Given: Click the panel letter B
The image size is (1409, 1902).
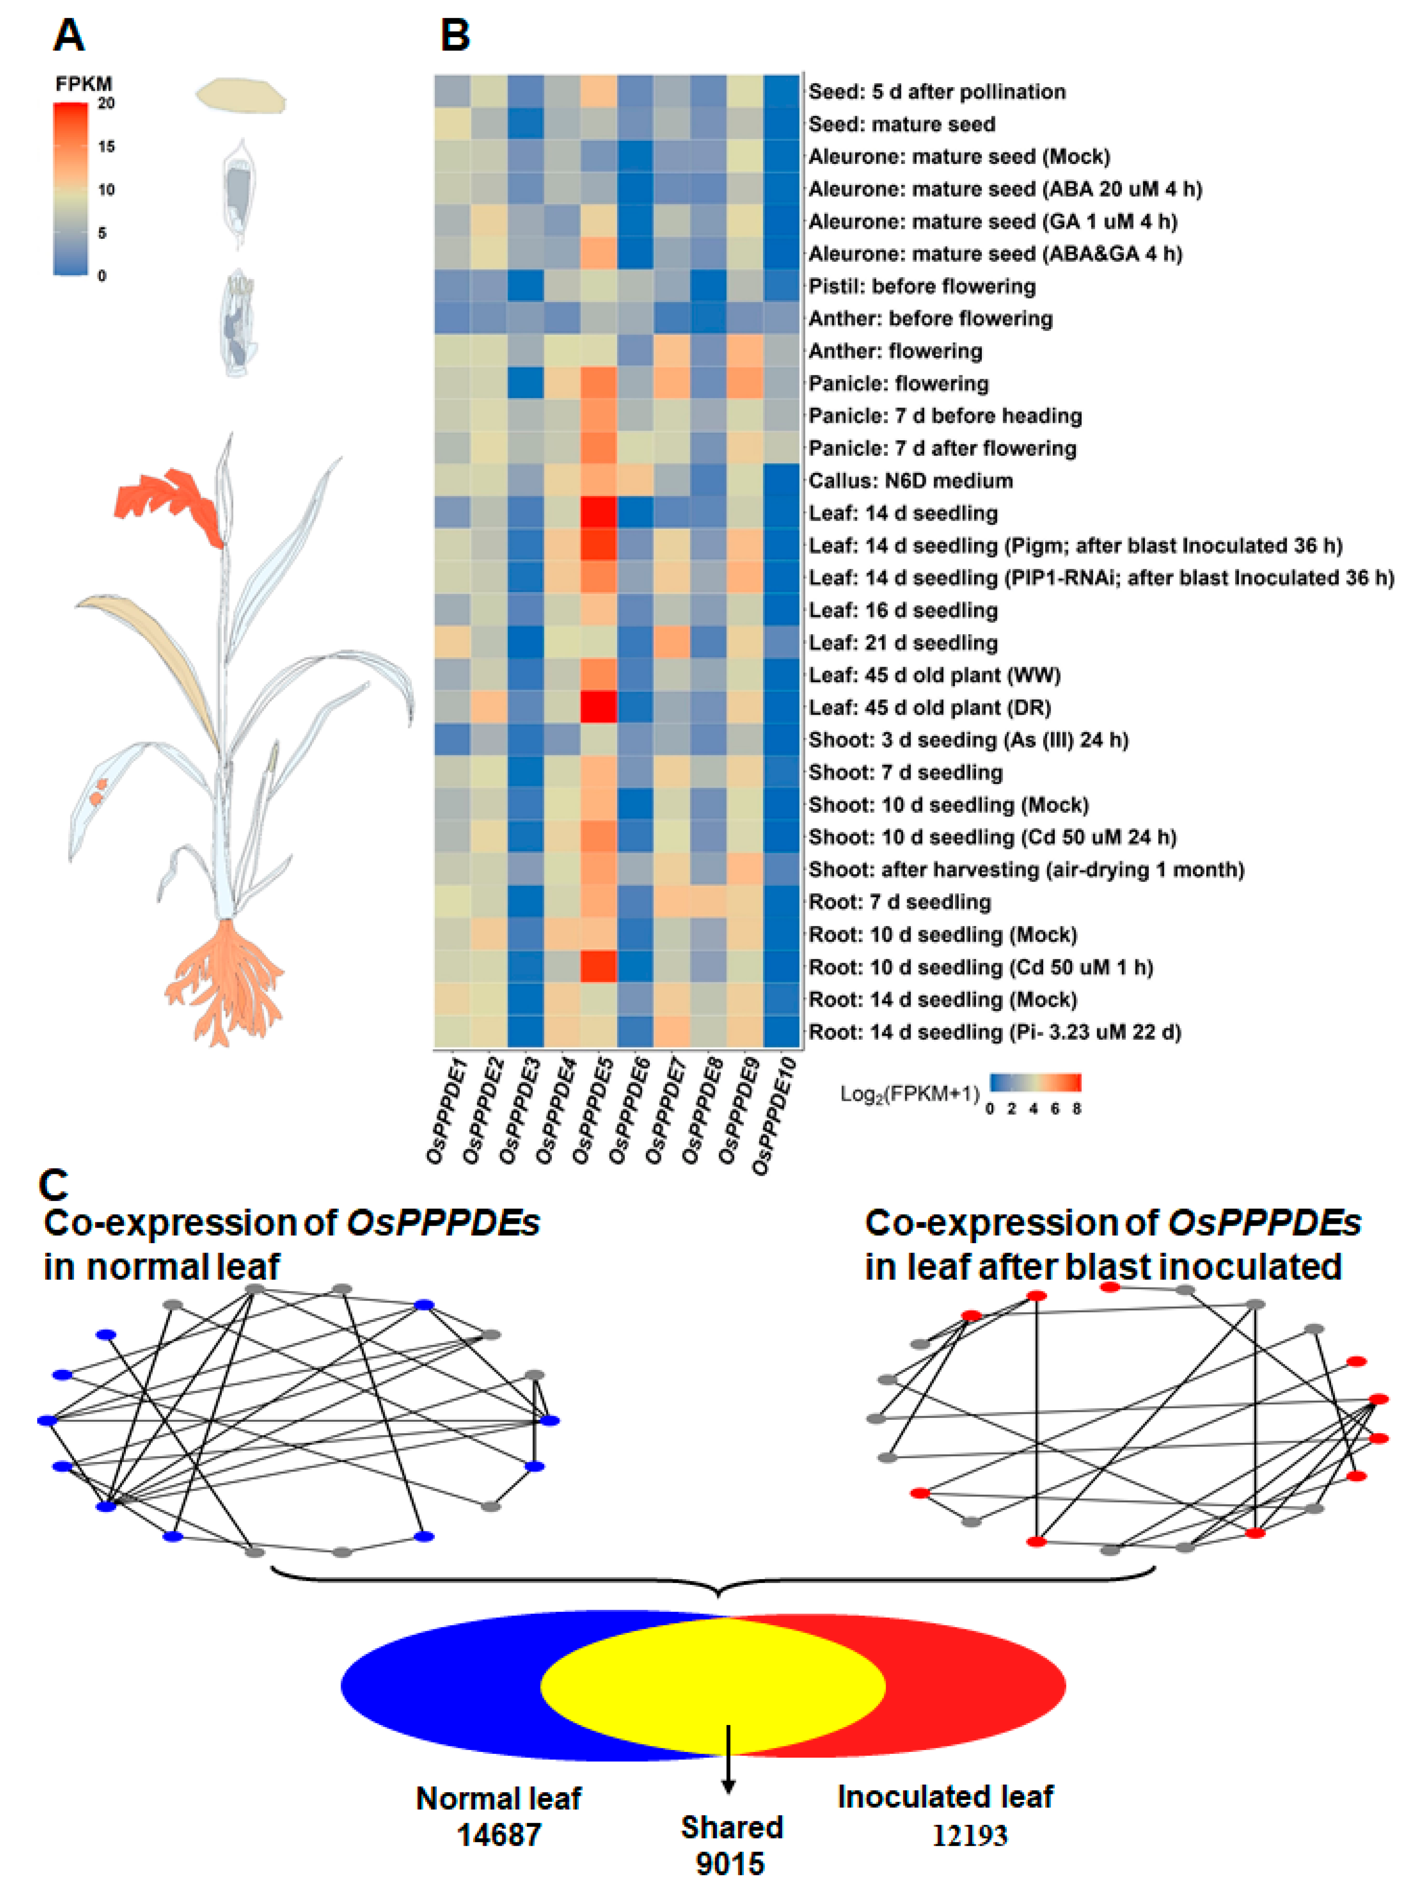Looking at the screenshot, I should tap(454, 36).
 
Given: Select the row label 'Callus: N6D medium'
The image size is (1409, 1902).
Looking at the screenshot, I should tap(910, 481).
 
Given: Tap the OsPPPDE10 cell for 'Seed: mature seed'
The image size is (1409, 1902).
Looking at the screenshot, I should tap(781, 125).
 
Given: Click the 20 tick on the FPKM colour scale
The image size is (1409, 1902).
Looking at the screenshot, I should tap(106, 103).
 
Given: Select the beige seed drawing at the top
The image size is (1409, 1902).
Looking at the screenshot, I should tap(241, 95).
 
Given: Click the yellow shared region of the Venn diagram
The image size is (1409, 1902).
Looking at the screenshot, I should tap(712, 1685).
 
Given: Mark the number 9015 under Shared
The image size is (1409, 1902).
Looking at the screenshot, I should tap(730, 1864).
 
